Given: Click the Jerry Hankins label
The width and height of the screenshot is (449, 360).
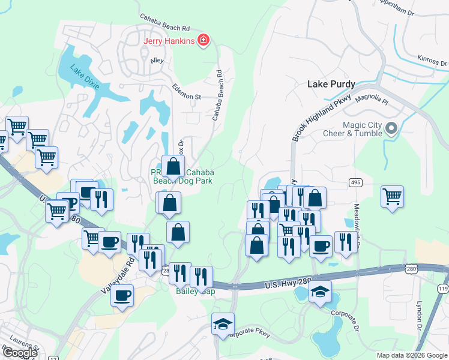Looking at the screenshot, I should click(169, 41).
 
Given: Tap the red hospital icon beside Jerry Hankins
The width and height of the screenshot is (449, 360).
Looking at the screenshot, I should click(204, 40).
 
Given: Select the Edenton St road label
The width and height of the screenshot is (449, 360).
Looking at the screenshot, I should click(186, 92).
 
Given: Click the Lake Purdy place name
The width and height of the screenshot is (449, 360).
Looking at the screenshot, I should click(331, 84).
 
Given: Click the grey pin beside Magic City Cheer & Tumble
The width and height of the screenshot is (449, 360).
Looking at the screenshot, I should click(392, 128).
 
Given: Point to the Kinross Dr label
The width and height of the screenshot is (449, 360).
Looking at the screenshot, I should click(432, 61).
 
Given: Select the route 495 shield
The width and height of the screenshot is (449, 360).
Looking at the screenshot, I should click(357, 182).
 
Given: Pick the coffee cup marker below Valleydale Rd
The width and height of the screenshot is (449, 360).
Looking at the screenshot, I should click(122, 295).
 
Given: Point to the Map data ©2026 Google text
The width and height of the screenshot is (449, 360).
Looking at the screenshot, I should click(412, 355).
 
